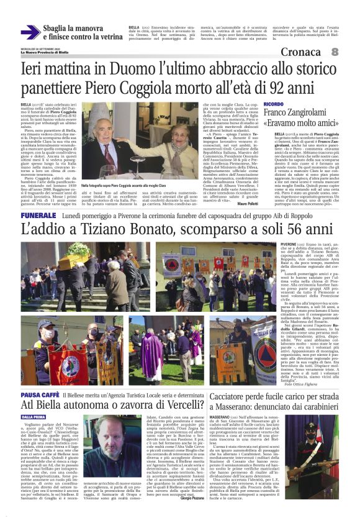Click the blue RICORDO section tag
click(274, 104)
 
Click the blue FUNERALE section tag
click(38, 214)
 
